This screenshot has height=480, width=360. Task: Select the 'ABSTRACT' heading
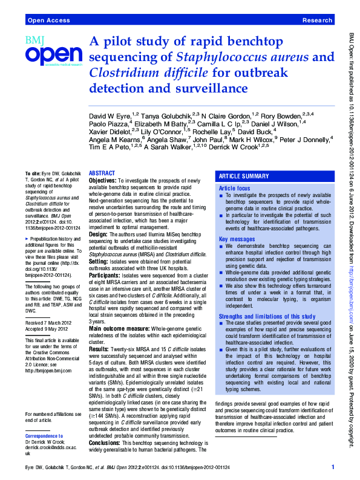(102, 173)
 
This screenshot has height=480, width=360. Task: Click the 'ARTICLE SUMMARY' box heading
(244, 176)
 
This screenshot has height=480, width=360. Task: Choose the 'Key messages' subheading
(236, 239)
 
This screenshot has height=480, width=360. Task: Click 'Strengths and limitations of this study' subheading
(267, 316)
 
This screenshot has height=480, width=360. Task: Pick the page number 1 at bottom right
(333, 466)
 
